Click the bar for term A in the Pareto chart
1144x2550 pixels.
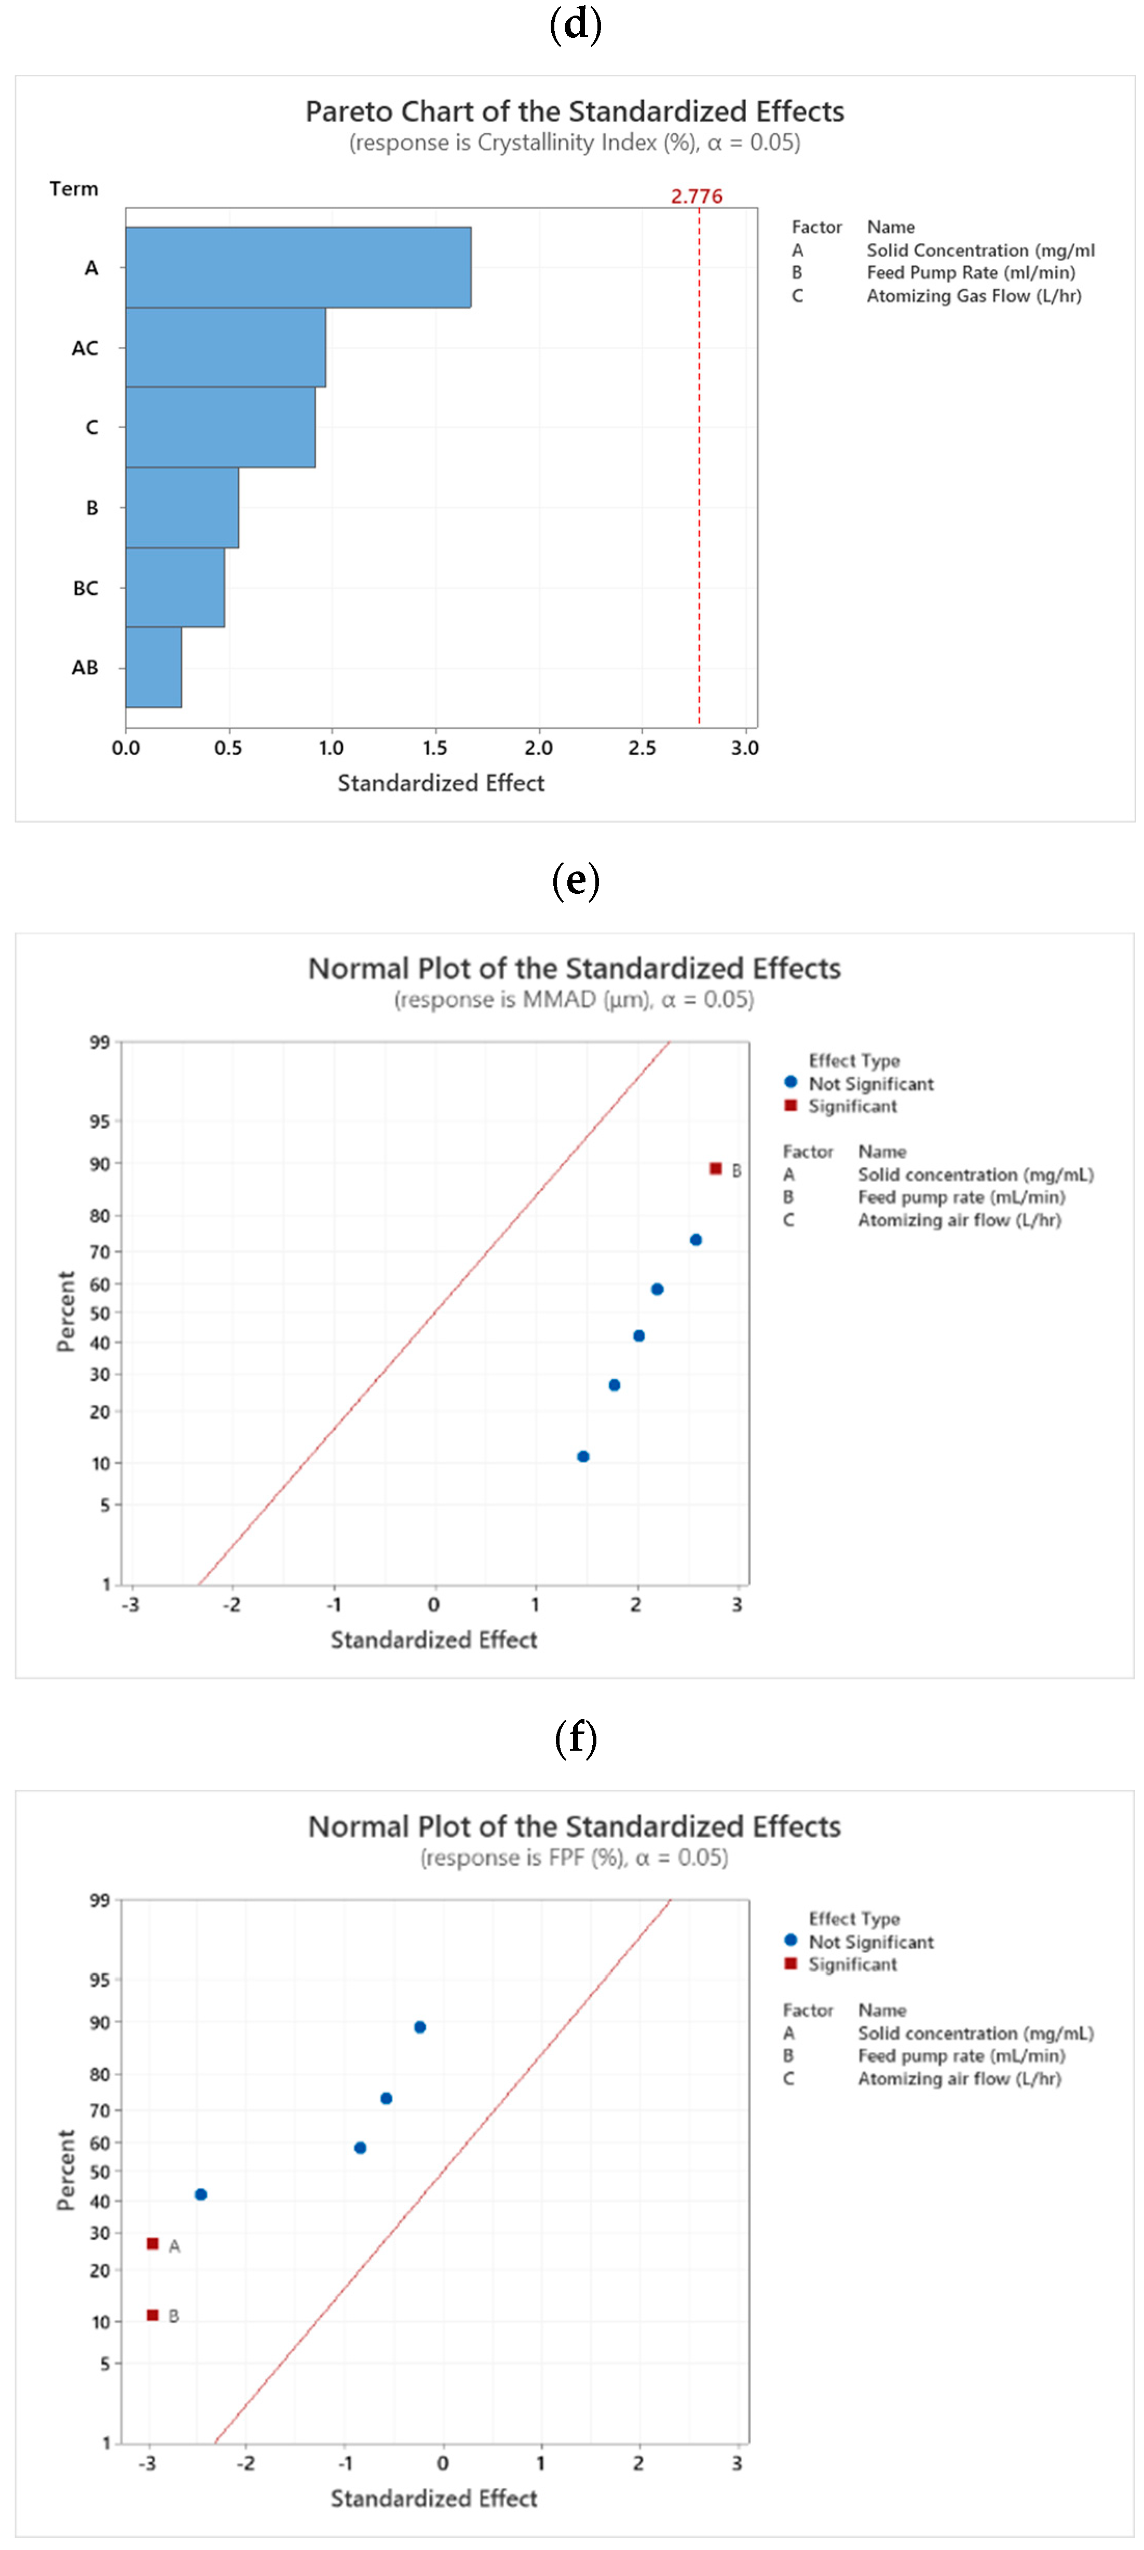[x=297, y=267]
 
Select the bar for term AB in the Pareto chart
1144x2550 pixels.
[x=154, y=667]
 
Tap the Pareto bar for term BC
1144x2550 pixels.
[x=174, y=587]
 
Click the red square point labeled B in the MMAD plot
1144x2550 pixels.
[x=715, y=1169]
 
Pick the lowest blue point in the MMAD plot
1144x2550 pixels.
[x=583, y=1456]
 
